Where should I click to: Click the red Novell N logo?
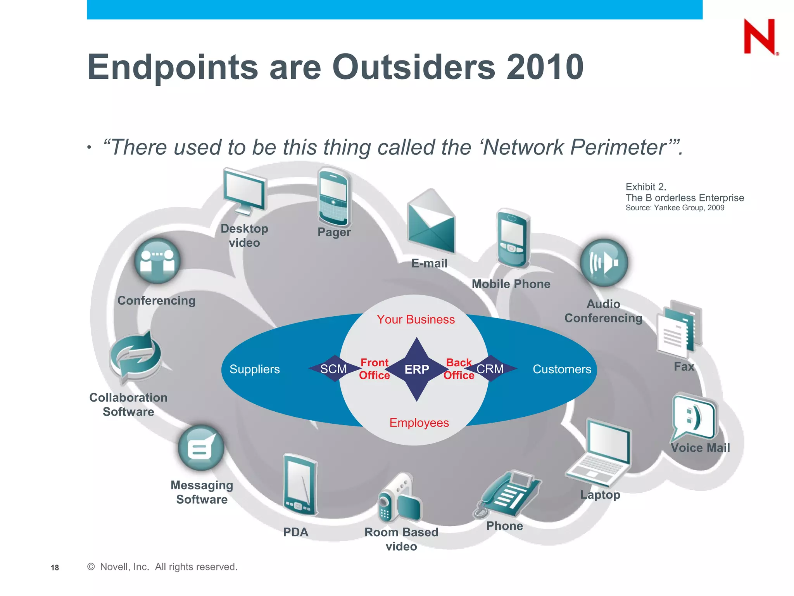(x=760, y=37)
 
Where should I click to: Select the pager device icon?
(x=333, y=197)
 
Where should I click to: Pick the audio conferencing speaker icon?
(x=604, y=263)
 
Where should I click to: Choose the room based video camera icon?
(x=399, y=499)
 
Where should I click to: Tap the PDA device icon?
(x=300, y=485)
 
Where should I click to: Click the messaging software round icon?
(x=201, y=448)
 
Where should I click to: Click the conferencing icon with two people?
(x=157, y=261)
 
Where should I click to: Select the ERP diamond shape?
(x=417, y=369)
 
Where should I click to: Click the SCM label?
(x=333, y=369)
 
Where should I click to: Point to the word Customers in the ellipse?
(x=562, y=369)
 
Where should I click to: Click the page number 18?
(x=55, y=568)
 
